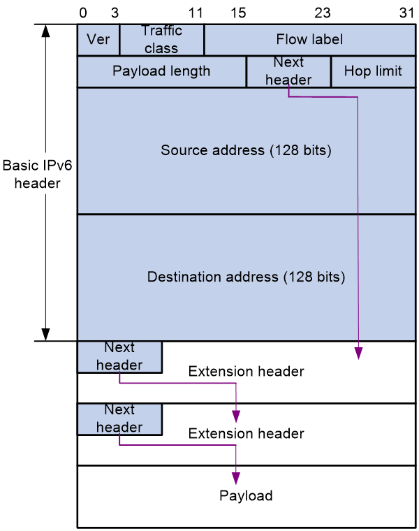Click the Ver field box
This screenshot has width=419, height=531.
(x=98, y=40)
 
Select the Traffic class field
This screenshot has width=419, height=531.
(x=162, y=40)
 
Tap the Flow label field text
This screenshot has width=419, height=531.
(x=309, y=39)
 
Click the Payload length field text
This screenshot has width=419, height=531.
(x=161, y=71)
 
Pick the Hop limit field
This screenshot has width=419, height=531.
(x=373, y=71)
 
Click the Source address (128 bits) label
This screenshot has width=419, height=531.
(x=246, y=150)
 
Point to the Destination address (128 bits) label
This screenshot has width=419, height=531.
(x=246, y=277)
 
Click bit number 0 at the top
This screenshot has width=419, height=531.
(x=83, y=13)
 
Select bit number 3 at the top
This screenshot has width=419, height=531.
(x=115, y=13)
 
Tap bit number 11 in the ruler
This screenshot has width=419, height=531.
(x=196, y=13)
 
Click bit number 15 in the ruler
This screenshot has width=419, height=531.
(x=238, y=13)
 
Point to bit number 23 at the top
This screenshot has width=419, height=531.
(x=323, y=13)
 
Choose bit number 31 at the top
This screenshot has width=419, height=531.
(x=406, y=13)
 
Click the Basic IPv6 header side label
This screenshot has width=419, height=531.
(x=37, y=174)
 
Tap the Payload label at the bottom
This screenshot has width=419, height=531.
(x=246, y=496)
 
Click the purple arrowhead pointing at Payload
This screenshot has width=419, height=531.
(x=236, y=478)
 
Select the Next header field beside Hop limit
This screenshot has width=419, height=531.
(x=288, y=71)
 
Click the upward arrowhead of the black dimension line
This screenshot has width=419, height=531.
(x=45, y=31)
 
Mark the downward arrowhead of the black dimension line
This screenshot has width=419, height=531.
(x=45, y=334)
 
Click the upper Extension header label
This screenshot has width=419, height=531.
(x=246, y=371)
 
